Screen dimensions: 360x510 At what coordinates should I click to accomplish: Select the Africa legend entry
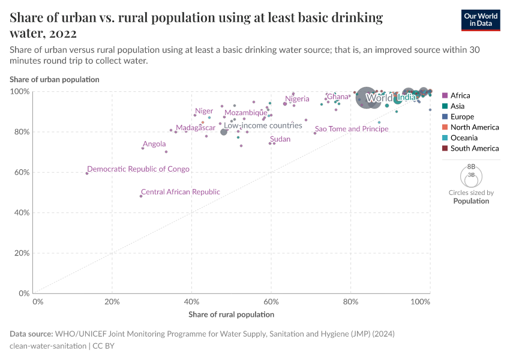[x=460, y=95]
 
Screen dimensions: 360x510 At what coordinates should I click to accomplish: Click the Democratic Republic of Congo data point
[x=87, y=173]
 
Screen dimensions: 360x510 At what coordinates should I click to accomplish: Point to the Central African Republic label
[x=181, y=192]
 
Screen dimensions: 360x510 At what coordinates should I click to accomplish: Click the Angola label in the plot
[x=154, y=144]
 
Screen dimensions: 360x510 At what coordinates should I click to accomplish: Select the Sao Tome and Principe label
[x=352, y=129]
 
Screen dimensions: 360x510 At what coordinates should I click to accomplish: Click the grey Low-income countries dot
[x=224, y=131]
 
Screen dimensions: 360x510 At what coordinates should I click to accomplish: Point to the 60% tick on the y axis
[x=22, y=172]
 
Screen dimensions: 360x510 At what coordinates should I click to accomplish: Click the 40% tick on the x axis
[x=191, y=301]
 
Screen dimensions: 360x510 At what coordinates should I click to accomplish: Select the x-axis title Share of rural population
[x=231, y=314]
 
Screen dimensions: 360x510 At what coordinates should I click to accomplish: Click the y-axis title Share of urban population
[x=55, y=79]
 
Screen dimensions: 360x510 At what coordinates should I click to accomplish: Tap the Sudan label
[x=280, y=139]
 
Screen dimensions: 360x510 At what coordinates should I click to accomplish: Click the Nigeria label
[x=297, y=99]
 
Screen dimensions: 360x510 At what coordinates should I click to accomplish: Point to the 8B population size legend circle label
[x=471, y=166]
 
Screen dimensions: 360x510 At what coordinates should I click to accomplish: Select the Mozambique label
[x=246, y=113]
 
